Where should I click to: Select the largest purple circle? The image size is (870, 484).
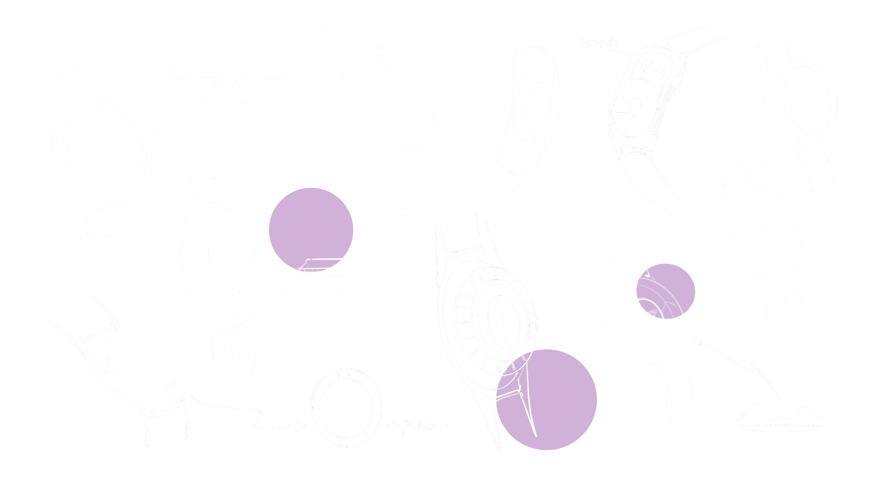point(546,399)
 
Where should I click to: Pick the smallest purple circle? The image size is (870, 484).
point(665,291)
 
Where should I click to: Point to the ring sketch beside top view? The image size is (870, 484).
point(347,407)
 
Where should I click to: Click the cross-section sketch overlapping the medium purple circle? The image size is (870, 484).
point(330,267)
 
